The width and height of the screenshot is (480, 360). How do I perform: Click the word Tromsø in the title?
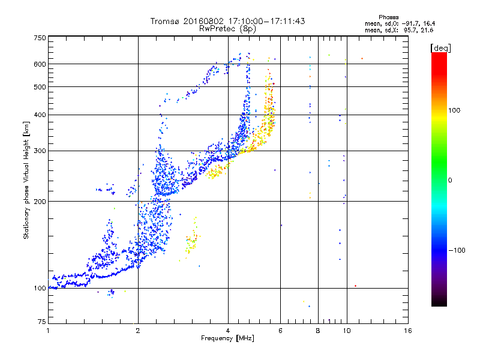click(x=166, y=21)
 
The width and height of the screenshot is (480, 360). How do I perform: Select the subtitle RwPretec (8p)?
click(x=227, y=29)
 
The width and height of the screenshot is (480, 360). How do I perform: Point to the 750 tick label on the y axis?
click(x=40, y=38)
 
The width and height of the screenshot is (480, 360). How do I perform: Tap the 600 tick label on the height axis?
click(x=40, y=64)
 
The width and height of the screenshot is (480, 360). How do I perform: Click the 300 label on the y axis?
click(x=40, y=151)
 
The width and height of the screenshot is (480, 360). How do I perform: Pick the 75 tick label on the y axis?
click(x=42, y=322)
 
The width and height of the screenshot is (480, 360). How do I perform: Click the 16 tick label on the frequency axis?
click(x=408, y=331)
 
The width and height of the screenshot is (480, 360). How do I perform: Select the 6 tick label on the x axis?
click(x=280, y=331)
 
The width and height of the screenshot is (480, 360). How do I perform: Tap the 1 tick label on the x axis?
click(x=48, y=331)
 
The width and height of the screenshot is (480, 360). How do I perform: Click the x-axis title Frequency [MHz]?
click(x=227, y=338)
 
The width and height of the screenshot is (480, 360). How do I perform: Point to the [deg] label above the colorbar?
click(x=440, y=48)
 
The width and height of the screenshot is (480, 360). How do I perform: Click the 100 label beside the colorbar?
click(x=454, y=110)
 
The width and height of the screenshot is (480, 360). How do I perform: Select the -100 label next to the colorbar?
click(x=457, y=250)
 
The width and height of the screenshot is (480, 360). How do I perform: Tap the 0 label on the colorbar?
click(x=450, y=181)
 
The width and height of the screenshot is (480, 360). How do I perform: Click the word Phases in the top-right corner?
click(x=388, y=17)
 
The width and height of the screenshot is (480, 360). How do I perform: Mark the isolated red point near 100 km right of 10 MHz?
click(x=355, y=286)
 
